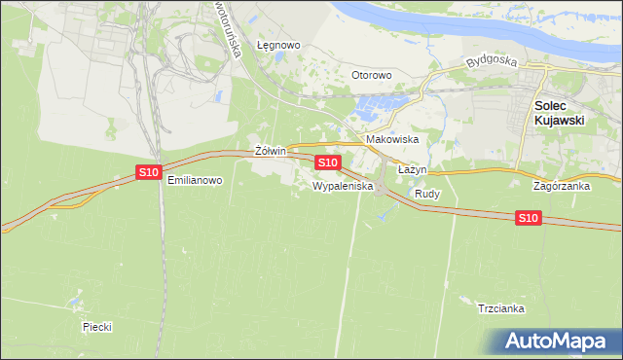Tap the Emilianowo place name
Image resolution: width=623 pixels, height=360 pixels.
pyautogui.click(x=196, y=180)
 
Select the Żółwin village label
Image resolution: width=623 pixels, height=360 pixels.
pyautogui.click(x=269, y=152)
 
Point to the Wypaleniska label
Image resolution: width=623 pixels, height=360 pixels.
pyautogui.click(x=343, y=185)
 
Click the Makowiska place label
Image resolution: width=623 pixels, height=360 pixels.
pyautogui.click(x=392, y=139)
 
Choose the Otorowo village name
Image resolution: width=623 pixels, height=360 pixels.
pyautogui.click(x=371, y=75)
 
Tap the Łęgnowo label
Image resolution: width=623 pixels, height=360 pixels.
pyautogui.click(x=278, y=45)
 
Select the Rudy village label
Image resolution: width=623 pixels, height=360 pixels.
pyautogui.click(x=427, y=194)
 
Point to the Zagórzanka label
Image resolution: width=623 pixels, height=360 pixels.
pyautogui.click(x=562, y=185)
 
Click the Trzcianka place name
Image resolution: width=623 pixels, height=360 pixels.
pyautogui.click(x=502, y=308)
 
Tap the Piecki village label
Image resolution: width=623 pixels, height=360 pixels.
pyautogui.click(x=97, y=327)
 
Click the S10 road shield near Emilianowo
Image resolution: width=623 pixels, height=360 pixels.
pyautogui.click(x=148, y=172)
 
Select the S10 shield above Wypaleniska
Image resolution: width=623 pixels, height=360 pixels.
pyautogui.click(x=328, y=162)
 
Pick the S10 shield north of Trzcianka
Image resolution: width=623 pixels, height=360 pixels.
pyautogui.click(x=528, y=218)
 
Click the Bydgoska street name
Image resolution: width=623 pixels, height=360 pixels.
pyautogui.click(x=489, y=61)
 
